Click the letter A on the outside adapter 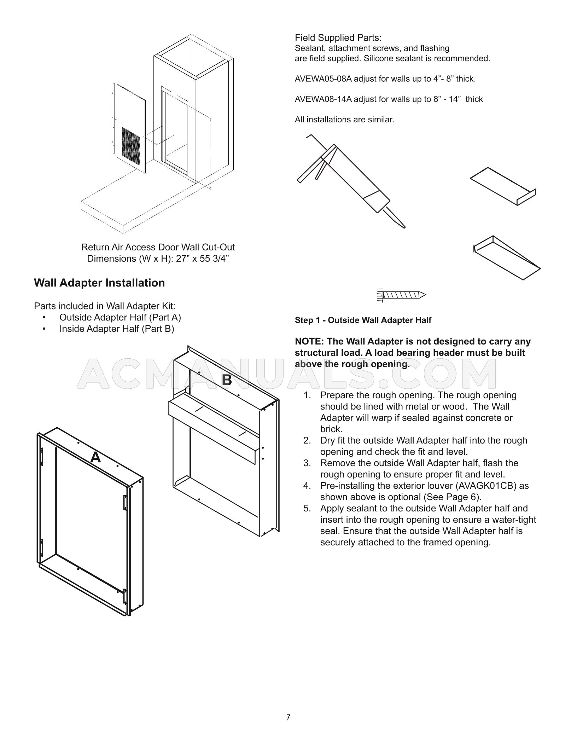(x=95, y=458)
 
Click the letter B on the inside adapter (x=227, y=380)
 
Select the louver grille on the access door (x=132, y=143)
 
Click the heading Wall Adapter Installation (x=99, y=283)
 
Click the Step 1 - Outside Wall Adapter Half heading (x=363, y=320)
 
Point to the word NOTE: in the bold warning (x=309, y=342)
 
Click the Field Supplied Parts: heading (x=338, y=38)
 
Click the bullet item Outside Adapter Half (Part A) (x=120, y=318)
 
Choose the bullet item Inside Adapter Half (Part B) (x=117, y=329)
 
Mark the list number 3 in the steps (x=307, y=463)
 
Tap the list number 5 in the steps (x=307, y=508)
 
